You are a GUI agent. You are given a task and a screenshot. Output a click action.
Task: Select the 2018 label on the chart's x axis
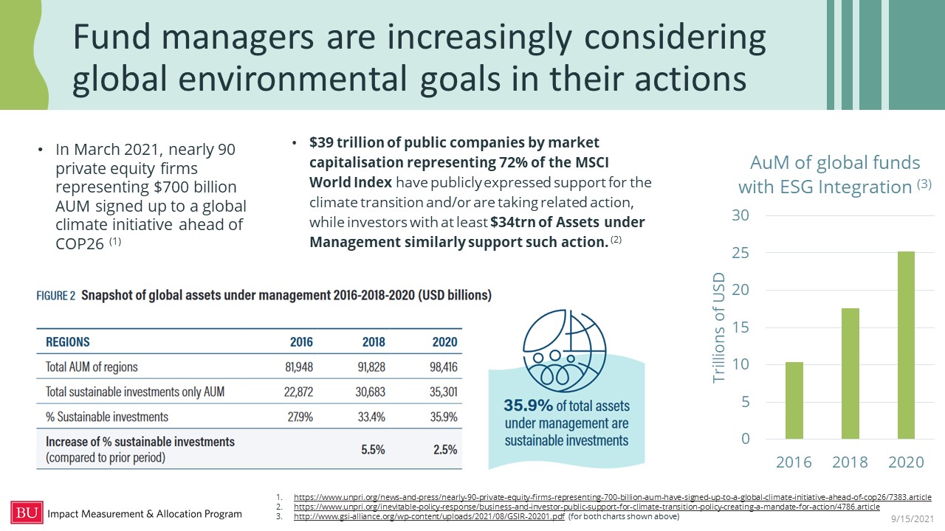coord(850,462)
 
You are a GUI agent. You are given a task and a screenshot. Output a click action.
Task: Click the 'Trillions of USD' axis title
coord(719,328)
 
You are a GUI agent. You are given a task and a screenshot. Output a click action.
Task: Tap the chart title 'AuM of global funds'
coord(835,163)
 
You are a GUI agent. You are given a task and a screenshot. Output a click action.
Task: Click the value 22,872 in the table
coord(298,392)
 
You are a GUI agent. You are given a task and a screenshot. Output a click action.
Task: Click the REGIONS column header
coord(68,342)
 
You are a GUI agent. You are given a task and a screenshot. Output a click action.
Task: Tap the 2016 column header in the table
coord(301,342)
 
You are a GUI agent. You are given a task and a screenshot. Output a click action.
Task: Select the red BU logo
coord(26,513)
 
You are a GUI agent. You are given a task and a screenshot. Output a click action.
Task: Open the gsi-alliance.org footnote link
coord(429,516)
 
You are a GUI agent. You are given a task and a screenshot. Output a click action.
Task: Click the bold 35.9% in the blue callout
coord(527,406)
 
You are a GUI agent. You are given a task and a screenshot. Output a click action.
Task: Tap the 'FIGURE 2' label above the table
coord(56,296)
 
